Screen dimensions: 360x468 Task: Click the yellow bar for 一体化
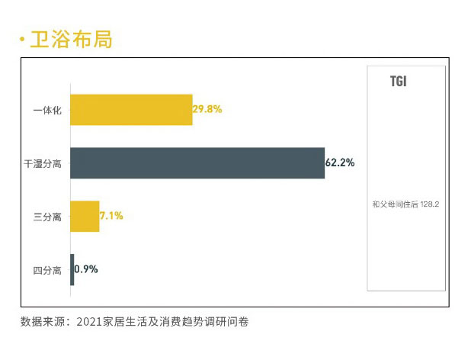tap(131, 110)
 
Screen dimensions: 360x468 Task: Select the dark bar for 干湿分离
tap(197, 163)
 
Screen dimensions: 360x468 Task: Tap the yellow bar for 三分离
tap(85, 217)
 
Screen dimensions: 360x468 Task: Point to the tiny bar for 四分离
tap(72, 270)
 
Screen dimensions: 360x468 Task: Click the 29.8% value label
tap(207, 110)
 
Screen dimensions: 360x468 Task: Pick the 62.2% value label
tap(340, 163)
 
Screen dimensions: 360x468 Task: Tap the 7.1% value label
tap(111, 217)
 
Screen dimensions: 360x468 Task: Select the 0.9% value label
tap(86, 270)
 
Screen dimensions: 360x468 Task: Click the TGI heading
tap(398, 81)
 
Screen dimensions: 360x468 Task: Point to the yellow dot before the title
tap(23, 40)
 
